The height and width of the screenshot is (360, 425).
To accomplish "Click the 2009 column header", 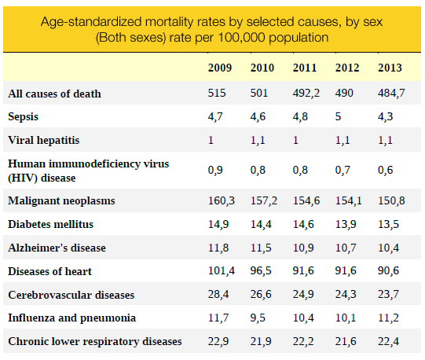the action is click(220, 68).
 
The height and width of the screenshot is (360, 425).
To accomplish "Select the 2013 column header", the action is click(390, 68).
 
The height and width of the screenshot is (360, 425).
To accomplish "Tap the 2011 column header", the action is click(305, 68).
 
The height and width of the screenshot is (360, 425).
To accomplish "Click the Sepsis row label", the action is click(24, 117).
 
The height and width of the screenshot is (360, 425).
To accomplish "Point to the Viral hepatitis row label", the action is click(44, 140).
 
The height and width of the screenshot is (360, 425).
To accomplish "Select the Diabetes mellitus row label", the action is click(51, 224).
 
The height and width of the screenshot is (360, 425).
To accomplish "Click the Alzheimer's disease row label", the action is click(57, 248).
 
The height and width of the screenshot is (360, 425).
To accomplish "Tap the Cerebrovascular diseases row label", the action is click(71, 295).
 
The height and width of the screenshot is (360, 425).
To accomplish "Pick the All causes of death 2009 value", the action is click(217, 93).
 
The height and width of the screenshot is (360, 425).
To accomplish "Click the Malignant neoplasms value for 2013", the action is click(391, 200).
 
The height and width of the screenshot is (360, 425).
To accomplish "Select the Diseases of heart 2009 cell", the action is click(222, 270).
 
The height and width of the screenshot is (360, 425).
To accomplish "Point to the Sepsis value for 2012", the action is click(338, 116).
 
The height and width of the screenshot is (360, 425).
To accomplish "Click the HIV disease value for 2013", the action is click(385, 170).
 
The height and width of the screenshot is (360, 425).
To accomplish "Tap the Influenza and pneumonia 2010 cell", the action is click(258, 318).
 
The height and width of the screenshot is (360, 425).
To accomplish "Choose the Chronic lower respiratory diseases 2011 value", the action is click(303, 341).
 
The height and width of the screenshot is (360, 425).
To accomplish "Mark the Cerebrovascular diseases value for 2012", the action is click(346, 294).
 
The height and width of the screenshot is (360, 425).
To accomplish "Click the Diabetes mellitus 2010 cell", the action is click(261, 224).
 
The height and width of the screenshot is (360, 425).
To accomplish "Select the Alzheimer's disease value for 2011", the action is click(303, 248).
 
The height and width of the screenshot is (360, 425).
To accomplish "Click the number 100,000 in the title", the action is click(241, 38).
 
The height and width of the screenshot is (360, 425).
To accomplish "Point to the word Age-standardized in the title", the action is click(91, 22).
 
